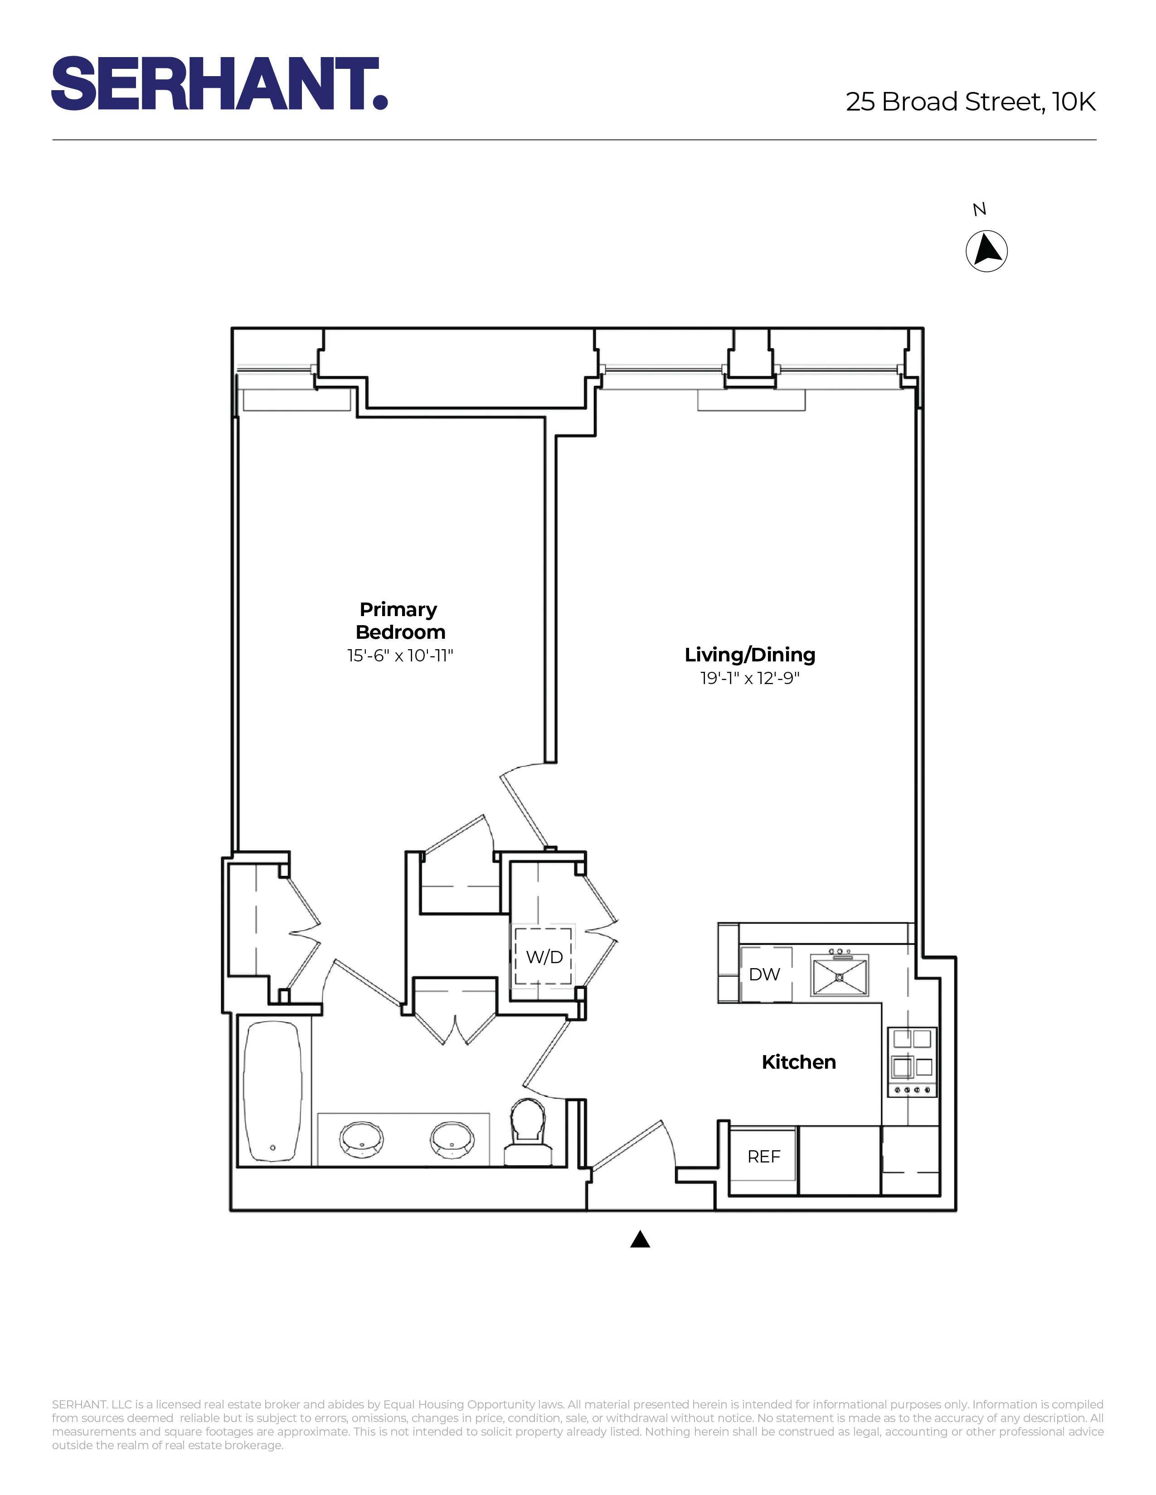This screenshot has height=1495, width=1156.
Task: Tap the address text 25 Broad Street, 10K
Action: tap(971, 102)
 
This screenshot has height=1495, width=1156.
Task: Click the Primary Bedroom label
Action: tap(400, 620)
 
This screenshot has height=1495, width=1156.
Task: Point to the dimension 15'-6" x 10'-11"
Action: tap(400, 656)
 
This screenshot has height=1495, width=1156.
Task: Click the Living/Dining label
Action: tap(750, 655)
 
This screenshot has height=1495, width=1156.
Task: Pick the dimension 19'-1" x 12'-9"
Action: tap(750, 678)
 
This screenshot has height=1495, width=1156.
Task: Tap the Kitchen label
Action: tap(798, 1062)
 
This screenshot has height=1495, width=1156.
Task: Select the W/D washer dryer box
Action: tap(544, 956)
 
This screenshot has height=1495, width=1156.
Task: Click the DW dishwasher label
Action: tap(764, 974)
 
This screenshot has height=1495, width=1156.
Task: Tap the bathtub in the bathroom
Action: tap(272, 1093)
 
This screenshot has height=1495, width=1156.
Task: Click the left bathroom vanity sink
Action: tap(361, 1139)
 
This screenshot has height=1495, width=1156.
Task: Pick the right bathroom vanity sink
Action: tap(452, 1139)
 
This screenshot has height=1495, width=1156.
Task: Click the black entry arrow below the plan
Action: tap(640, 1239)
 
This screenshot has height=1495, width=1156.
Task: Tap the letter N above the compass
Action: tap(979, 209)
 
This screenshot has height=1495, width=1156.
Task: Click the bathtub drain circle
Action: tap(272, 1148)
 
